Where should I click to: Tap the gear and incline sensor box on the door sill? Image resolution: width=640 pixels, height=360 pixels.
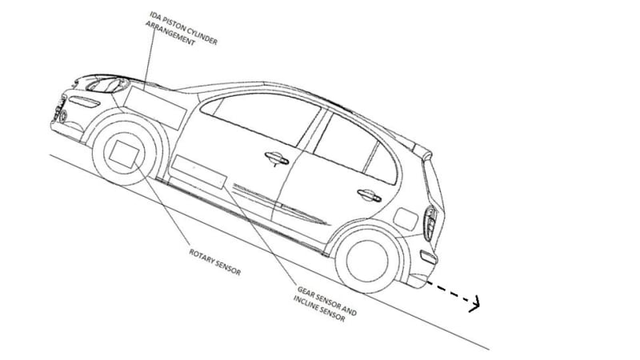coord(198,172)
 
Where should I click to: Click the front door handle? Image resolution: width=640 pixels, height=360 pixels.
coord(274,158)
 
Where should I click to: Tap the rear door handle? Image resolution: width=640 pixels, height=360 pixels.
coord(367,193)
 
